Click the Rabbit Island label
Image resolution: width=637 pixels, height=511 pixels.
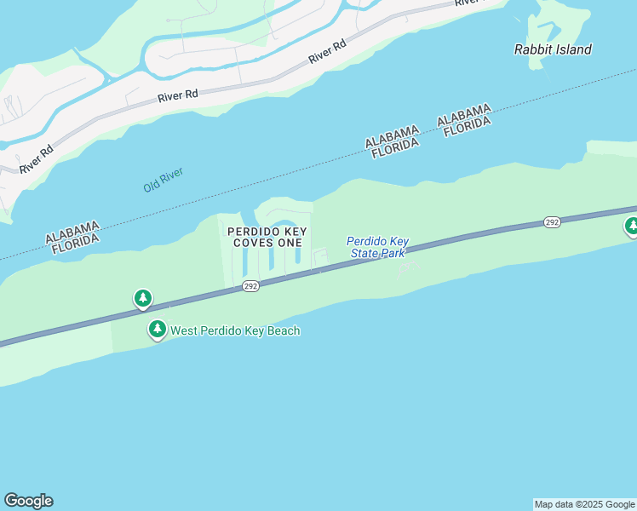coord(553,49)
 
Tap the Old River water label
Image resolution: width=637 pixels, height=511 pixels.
coord(164,179)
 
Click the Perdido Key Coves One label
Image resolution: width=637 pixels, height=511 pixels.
coord(267,237)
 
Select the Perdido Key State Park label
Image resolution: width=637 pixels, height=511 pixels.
coord(378,247)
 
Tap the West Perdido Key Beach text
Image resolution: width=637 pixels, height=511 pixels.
coord(235,330)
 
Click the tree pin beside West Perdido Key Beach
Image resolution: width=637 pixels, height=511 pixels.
coord(157,329)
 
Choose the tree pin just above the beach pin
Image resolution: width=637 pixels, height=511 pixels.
coord(143,298)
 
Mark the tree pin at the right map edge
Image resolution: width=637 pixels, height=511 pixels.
coord(632,226)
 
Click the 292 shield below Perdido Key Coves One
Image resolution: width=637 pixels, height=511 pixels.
coord(250,285)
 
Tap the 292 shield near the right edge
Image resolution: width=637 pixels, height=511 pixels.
coord(552,222)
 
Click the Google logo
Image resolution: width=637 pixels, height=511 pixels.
coord(28,501)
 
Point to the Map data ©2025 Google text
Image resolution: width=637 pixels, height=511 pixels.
coord(585,504)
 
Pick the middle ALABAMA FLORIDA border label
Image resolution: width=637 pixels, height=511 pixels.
coord(393,138)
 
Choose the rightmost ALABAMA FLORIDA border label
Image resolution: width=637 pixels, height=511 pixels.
coord(465,117)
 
